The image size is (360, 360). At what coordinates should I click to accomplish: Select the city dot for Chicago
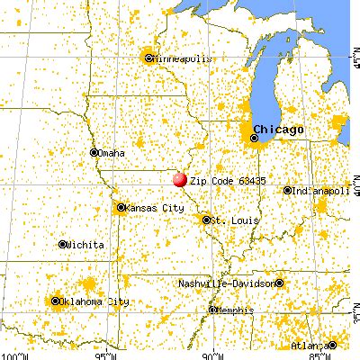coord(256,139)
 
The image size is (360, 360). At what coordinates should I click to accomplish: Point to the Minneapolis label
coord(183,58)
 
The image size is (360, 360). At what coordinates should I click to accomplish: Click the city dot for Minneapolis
coord(148,58)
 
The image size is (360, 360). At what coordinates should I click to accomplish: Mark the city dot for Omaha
coord(95,152)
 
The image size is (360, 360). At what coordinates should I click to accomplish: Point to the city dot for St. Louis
coord(207,219)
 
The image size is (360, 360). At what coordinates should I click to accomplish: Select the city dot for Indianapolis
coord(287,191)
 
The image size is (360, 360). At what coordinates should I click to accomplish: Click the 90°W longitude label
coord(214,355)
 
